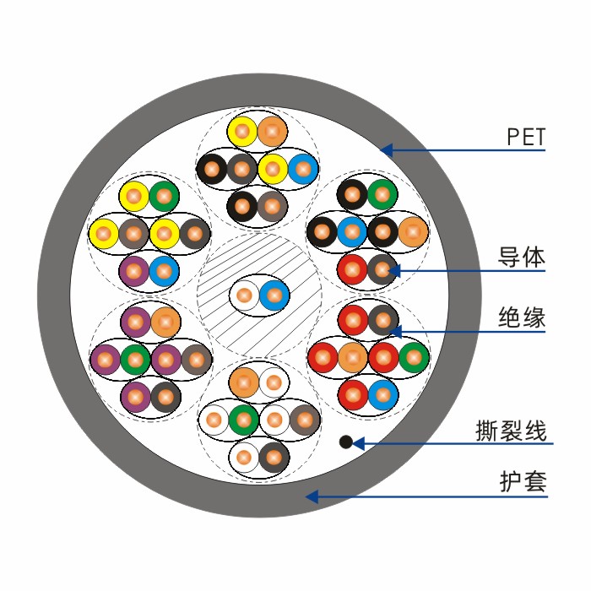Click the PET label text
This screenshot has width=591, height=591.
click(x=526, y=137)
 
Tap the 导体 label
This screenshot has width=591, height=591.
click(x=521, y=258)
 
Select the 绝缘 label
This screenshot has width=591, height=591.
click(x=521, y=317)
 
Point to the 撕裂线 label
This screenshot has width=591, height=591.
click(x=511, y=431)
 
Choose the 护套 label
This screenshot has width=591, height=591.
click(x=523, y=481)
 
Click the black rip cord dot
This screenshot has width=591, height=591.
click(x=345, y=442)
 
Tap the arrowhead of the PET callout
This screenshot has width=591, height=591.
click(x=387, y=150)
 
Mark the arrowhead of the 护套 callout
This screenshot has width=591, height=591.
click(x=312, y=496)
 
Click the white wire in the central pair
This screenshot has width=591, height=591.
click(x=244, y=295)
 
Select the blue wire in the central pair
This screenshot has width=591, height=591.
click(x=274, y=295)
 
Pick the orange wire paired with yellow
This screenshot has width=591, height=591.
click(x=272, y=132)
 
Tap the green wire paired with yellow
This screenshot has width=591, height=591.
click(x=164, y=196)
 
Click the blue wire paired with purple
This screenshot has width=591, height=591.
click(x=164, y=271)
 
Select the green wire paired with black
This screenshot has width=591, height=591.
click(x=382, y=194)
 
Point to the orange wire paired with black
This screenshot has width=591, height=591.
click(x=413, y=231)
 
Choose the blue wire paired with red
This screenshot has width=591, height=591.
click(x=383, y=394)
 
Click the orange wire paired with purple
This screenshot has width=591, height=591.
click(x=165, y=322)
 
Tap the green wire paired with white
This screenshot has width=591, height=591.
click(x=244, y=420)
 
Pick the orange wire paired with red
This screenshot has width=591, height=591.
click(x=353, y=357)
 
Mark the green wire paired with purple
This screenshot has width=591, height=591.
click(x=135, y=360)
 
